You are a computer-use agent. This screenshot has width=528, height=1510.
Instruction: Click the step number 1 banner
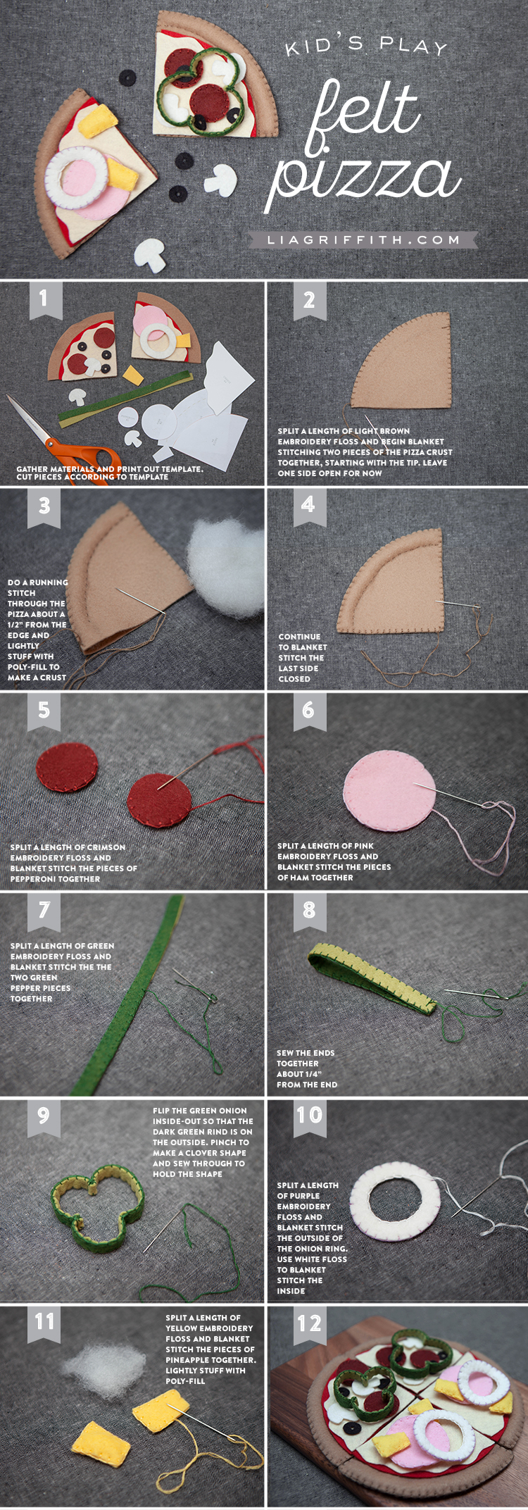point(44,299)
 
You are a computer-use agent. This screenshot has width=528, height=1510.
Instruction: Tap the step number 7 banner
point(44,912)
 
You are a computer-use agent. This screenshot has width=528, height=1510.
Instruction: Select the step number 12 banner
point(309,1326)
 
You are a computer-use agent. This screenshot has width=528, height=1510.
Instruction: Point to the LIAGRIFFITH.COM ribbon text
point(363,240)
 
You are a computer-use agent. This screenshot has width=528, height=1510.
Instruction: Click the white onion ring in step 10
point(395,1206)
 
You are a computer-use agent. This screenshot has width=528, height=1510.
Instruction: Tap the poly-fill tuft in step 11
point(103,1366)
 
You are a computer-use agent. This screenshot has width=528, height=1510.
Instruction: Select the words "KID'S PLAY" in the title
point(366,46)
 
